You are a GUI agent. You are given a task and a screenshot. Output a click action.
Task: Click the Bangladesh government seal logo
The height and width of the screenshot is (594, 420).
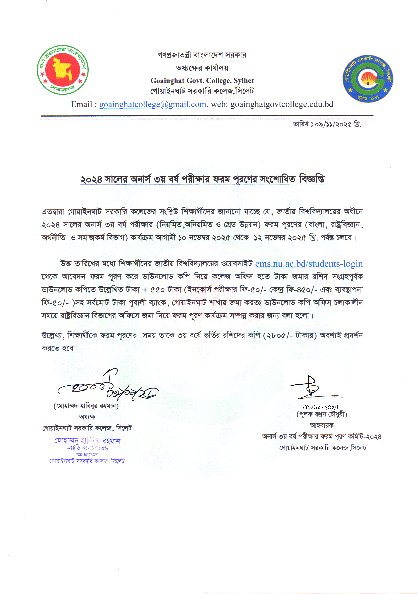click(63, 70)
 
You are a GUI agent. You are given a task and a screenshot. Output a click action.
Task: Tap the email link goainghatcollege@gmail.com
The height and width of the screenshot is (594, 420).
click(153, 104)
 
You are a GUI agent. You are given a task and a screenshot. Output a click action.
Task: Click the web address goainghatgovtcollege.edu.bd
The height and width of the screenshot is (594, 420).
click(282, 104)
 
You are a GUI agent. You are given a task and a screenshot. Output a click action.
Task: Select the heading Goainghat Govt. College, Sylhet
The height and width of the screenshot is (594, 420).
click(202, 81)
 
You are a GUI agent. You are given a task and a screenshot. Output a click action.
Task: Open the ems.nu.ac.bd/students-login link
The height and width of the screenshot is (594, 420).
click(309, 264)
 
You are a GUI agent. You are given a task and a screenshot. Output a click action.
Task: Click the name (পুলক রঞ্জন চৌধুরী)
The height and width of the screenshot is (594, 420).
click(322, 414)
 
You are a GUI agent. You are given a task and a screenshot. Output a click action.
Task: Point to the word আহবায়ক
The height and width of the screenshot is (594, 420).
click(322, 425)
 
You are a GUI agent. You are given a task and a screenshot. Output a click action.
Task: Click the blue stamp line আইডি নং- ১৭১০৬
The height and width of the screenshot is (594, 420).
click(87, 448)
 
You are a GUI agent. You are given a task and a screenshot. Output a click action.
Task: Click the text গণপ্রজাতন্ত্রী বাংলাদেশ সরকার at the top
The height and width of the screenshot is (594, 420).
click(202, 55)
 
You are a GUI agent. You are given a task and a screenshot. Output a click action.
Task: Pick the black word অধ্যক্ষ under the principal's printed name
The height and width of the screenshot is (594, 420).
click(87, 417)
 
